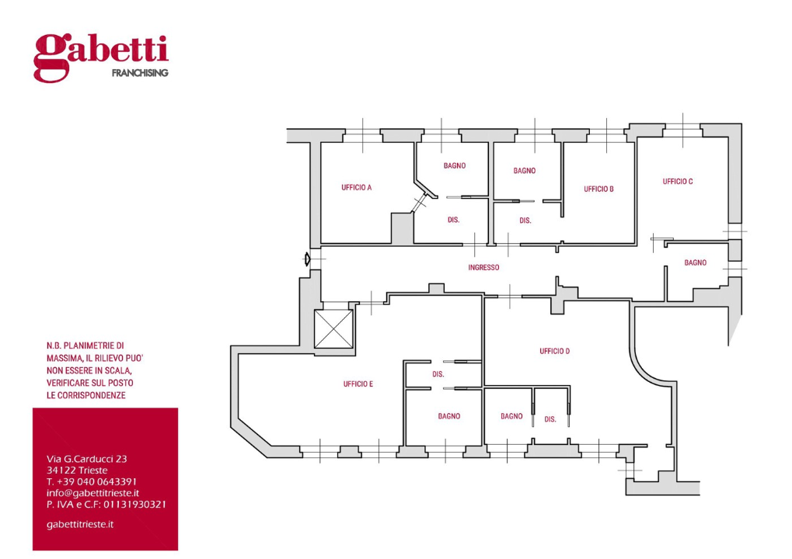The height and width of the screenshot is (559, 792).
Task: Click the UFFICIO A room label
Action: tap(357, 188)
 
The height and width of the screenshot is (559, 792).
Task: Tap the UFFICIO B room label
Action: tap(598, 189)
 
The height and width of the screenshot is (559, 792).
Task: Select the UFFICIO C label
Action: tap(678, 182)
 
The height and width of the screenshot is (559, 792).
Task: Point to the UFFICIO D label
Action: tap(555, 351)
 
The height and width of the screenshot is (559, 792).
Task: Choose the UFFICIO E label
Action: tap(358, 384)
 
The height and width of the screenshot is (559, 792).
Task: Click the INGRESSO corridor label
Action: tap(483, 267)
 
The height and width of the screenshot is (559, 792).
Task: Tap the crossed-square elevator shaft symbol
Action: tap(333, 329)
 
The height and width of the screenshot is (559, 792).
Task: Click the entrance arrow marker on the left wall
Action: tap(306, 259)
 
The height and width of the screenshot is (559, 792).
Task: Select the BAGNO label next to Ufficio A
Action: tap(455, 165)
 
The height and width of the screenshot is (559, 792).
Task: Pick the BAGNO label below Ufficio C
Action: tap(696, 263)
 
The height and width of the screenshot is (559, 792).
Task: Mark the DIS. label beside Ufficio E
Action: tap(438, 374)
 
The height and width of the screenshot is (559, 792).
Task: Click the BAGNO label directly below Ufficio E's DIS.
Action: tap(449, 416)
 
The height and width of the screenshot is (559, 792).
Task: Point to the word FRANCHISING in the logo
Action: tap(140, 73)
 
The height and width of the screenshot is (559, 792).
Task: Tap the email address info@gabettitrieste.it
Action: tap(93, 493)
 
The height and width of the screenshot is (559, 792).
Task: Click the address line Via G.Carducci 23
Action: tap(87, 459)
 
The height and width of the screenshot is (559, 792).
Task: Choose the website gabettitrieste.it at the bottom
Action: tap(80, 525)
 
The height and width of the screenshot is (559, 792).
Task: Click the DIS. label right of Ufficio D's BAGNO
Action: tap(550, 419)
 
